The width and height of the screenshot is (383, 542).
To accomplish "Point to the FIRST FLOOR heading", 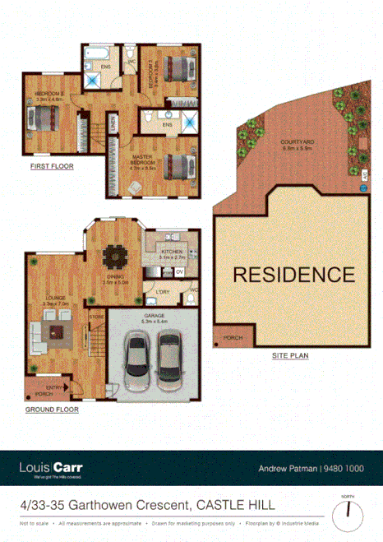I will click(x=52, y=166).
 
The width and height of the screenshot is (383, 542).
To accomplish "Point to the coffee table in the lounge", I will click(x=57, y=332).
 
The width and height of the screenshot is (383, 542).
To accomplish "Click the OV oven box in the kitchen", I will click(x=179, y=272).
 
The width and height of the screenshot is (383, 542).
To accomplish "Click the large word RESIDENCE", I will click(x=293, y=274).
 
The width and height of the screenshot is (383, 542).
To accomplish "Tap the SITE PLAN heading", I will click(x=292, y=356).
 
